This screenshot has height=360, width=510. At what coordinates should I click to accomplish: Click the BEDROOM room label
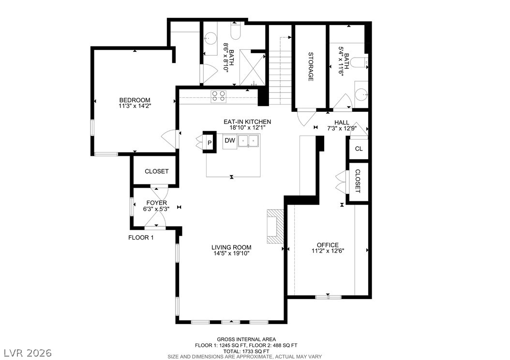tap(135, 100)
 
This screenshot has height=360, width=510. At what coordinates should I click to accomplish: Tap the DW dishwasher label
tap(230, 141)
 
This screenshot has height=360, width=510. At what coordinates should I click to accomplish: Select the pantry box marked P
tap(210, 142)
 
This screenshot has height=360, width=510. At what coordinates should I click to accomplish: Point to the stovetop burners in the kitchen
tap(218, 96)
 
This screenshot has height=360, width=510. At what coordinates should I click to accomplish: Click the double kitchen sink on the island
tap(249, 141)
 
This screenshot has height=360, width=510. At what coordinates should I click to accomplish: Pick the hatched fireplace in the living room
tap(275, 226)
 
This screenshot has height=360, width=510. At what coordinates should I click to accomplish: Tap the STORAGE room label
tap(311, 67)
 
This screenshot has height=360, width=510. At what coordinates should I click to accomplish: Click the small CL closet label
tap(359, 149)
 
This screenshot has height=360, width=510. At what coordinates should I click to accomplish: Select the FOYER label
tap(156, 203)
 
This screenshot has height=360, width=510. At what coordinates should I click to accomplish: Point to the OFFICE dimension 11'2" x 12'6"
tap(328, 251)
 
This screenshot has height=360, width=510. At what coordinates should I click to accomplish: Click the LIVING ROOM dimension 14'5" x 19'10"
tap(231, 254)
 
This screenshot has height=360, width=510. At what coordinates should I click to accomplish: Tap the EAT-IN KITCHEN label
tap(247, 122)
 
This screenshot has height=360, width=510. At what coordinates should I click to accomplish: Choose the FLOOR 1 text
tap(141, 238)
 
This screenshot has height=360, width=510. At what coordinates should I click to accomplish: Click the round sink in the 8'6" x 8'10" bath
tap(211, 38)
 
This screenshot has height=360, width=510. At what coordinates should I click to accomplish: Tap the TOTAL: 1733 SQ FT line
tap(246, 351)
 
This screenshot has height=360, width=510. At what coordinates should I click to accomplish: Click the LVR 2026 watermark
tap(28, 353)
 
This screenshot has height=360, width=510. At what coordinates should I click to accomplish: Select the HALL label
tap(342, 122)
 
